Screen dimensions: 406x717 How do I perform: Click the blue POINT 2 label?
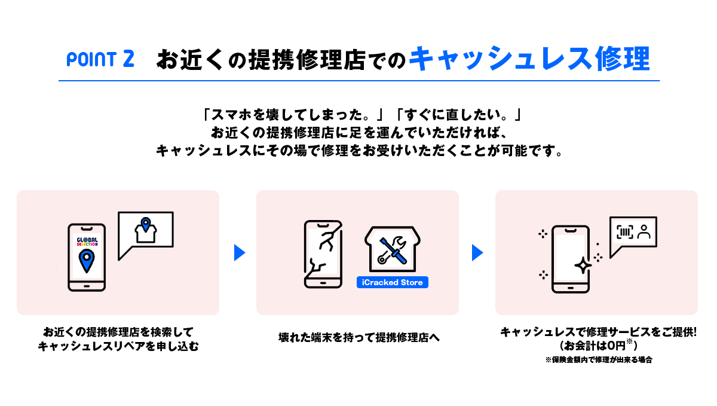coord(100,59)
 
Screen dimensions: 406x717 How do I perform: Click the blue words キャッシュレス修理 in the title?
coord(529,59)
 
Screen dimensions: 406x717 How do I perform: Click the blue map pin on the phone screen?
coord(87,261)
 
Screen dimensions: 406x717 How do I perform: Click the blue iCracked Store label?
coord(392,282)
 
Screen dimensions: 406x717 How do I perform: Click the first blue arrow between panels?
coord(240,252)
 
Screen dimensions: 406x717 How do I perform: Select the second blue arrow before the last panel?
coord(477,252)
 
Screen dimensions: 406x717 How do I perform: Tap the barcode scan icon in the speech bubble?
coord(624,233)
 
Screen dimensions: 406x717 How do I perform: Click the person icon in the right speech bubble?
coord(644,233)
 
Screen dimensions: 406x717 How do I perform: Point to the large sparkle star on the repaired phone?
coord(583,265)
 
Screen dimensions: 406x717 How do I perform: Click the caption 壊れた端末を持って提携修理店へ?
coord(358,337)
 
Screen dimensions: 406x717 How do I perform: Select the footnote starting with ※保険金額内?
coord(598,360)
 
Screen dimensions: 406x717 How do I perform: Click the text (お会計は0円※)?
coord(598,346)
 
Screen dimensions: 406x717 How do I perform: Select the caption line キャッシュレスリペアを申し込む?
coord(118,346)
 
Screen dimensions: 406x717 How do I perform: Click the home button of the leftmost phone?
coord(87,285)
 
